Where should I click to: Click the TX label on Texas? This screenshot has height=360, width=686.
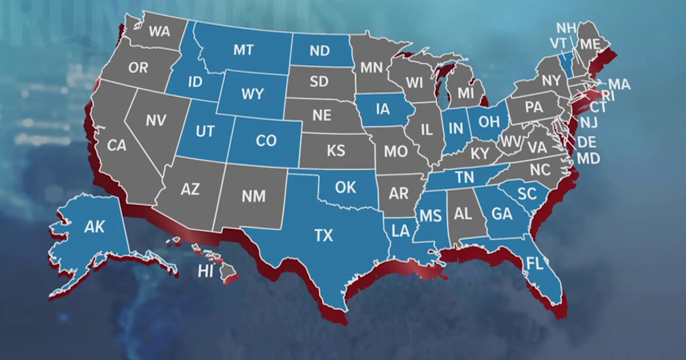324,235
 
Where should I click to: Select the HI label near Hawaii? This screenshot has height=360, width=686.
205,271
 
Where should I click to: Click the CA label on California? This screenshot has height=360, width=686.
117,146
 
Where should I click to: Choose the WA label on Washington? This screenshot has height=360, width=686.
159,32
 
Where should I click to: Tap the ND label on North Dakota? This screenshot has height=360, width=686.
320,51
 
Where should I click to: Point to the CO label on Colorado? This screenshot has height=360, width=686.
266,141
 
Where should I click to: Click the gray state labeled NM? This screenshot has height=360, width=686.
253,196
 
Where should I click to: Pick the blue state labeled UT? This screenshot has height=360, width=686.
205,131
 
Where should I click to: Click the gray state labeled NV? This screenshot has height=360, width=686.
155,121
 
